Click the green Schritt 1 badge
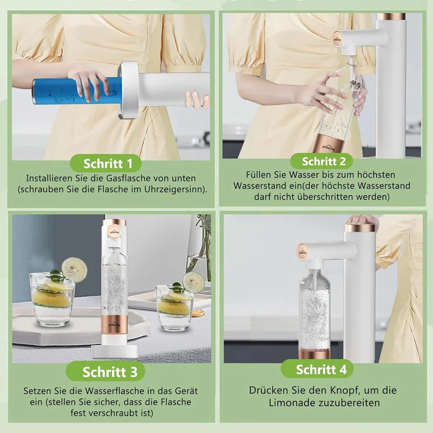point(106,163)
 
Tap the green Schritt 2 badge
point(321,161)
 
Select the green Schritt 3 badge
point(106,372)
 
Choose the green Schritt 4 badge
point(317,369)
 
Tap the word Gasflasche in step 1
point(128,178)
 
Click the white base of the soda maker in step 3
point(115,352)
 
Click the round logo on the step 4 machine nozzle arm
point(303,252)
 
